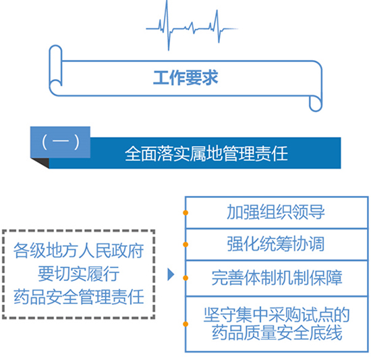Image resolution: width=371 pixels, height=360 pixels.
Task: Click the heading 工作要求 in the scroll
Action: click(185, 78)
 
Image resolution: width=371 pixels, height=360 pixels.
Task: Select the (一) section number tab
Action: click(60, 142)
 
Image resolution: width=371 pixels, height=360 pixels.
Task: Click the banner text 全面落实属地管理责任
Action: click(206, 153)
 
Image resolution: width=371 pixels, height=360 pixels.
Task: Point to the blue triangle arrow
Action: click(171, 274)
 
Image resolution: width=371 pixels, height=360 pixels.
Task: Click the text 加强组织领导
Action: click(276, 212)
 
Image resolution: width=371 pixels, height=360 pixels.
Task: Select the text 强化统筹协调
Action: click(276, 244)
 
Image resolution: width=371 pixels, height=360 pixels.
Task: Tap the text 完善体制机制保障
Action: click(277, 278)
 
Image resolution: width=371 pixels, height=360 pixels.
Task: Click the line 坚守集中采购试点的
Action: click(277, 315)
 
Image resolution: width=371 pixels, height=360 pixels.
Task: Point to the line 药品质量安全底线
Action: click(277, 332)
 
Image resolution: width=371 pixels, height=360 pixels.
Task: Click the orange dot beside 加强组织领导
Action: click(185, 213)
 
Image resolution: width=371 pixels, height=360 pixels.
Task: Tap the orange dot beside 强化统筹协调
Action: click(185, 245)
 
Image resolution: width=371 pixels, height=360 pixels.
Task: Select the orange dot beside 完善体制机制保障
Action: click(185, 278)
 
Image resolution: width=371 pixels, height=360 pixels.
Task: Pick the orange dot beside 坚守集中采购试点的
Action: click(185, 324)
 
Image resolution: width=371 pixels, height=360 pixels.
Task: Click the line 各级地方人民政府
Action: click(78, 251)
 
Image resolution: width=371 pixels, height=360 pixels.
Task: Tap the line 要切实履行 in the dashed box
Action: click(78, 274)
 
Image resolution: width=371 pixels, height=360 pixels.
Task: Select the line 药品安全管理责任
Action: click(78, 297)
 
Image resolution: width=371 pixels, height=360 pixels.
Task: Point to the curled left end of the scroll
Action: click(55, 69)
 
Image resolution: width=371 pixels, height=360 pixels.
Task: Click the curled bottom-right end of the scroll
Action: click(316, 103)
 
